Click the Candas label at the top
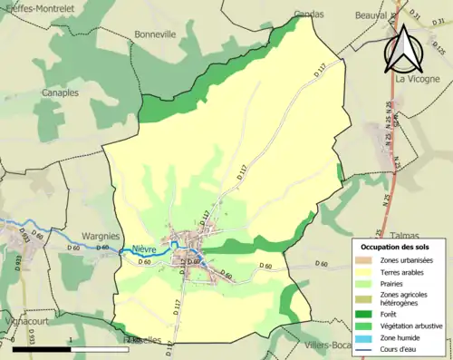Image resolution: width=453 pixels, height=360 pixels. pyautogui.click(x=309, y=15)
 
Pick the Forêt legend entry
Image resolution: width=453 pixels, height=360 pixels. pyautogui.click(x=392, y=315)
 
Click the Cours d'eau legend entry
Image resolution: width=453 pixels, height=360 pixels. pyautogui.click(x=402, y=348)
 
